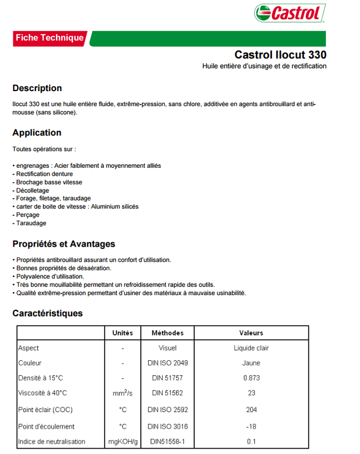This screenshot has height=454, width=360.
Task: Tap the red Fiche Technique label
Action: pos(50,38)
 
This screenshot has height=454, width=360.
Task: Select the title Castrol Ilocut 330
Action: pos(280,54)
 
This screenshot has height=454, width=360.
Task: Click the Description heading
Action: pos(37,88)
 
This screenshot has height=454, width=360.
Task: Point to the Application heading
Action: pos(37,133)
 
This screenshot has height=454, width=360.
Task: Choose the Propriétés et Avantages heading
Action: pos(64,244)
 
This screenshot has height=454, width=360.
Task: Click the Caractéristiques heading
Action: pos(48,313)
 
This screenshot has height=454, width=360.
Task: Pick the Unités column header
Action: pos(123,333)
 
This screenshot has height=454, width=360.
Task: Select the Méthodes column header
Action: pos(167,333)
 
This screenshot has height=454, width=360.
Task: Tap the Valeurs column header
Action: pos(251,333)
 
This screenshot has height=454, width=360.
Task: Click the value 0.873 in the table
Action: pos(251,378)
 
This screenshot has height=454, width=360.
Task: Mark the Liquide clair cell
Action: pos(251,348)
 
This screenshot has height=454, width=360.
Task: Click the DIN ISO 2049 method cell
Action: pos(167,363)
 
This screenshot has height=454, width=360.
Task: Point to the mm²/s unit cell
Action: pos(123,393)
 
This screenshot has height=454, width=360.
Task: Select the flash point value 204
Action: pos(251,410)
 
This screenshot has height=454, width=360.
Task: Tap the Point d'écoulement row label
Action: pos(46,426)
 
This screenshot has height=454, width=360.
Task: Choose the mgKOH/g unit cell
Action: pos(123,441)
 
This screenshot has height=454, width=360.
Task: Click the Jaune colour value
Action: pos(251,363)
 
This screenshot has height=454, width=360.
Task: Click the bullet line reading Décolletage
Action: pos(31,190)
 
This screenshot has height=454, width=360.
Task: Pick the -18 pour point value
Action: pos(251,426)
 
